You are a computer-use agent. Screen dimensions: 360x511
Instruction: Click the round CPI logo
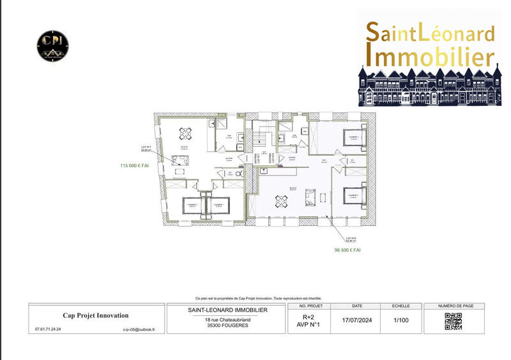click(x=52, y=45)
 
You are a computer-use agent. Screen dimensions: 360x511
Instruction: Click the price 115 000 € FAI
click(x=134, y=165)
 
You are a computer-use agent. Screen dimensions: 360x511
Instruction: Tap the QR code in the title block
click(x=453, y=322)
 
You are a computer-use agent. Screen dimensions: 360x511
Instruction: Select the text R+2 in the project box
click(x=309, y=317)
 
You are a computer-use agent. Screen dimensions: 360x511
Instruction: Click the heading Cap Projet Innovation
click(x=95, y=315)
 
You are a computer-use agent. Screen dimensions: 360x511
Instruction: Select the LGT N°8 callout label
click(x=351, y=240)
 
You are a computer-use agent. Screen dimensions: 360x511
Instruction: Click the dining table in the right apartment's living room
click(x=282, y=200)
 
